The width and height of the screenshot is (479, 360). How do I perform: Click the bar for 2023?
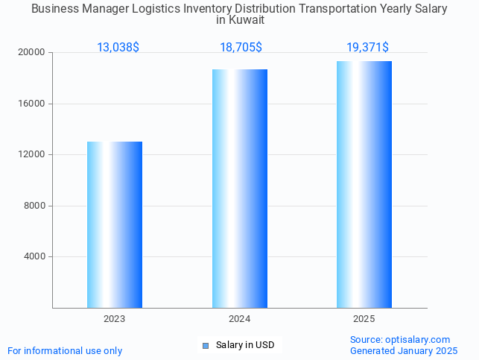click(115, 224)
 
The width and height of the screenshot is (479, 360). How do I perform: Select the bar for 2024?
click(239, 189)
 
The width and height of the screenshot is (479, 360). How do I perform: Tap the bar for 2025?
click(364, 184)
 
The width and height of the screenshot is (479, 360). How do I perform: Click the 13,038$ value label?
click(118, 48)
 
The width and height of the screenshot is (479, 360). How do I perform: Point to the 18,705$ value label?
click(241, 48)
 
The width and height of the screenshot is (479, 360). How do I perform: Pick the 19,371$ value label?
click(367, 48)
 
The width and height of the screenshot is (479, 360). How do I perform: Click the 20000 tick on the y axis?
click(33, 53)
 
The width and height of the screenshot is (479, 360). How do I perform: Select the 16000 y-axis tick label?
click(33, 104)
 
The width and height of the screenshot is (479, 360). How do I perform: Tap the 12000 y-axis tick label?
click(33, 155)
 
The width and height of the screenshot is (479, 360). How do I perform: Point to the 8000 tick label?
click(36, 206)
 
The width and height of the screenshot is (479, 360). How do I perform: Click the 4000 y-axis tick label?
click(36, 257)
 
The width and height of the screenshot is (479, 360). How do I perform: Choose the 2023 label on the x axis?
click(115, 319)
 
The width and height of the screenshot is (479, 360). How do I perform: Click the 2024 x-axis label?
click(239, 319)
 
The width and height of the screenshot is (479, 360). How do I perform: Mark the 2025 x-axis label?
click(364, 319)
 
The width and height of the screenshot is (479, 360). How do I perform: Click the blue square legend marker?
click(206, 345)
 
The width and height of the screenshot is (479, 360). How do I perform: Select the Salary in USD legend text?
click(245, 345)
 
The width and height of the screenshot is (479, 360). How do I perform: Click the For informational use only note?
click(65, 350)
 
